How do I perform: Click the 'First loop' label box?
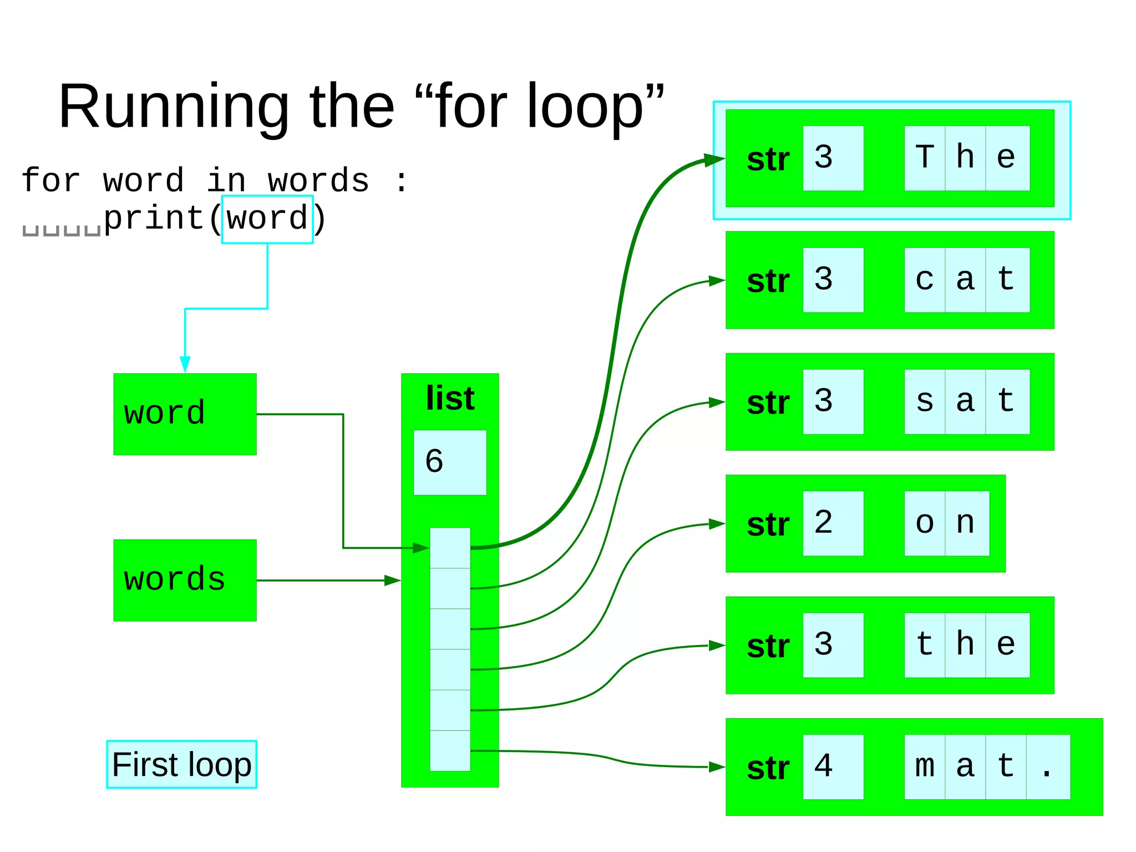point(181,764)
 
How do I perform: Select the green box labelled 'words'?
point(185,580)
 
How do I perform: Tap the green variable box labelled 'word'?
point(185,414)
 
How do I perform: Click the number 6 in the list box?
point(434,462)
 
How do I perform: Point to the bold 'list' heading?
point(450,399)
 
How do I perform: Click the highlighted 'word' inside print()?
point(267,219)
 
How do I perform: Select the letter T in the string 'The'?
point(925,158)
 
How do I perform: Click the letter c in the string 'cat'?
point(925,280)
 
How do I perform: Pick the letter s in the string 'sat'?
point(925,401)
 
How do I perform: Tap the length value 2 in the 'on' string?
point(824,523)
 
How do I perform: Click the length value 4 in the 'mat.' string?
point(824,767)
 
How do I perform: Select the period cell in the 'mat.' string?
point(1047,767)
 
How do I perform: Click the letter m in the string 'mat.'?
point(925,767)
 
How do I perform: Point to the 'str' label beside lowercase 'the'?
point(768,646)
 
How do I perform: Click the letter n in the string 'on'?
point(966,523)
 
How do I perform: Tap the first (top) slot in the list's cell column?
point(450,548)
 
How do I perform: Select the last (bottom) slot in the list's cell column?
point(450,750)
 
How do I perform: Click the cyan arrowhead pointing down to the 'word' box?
point(185,364)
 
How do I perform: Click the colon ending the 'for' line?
point(402,182)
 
